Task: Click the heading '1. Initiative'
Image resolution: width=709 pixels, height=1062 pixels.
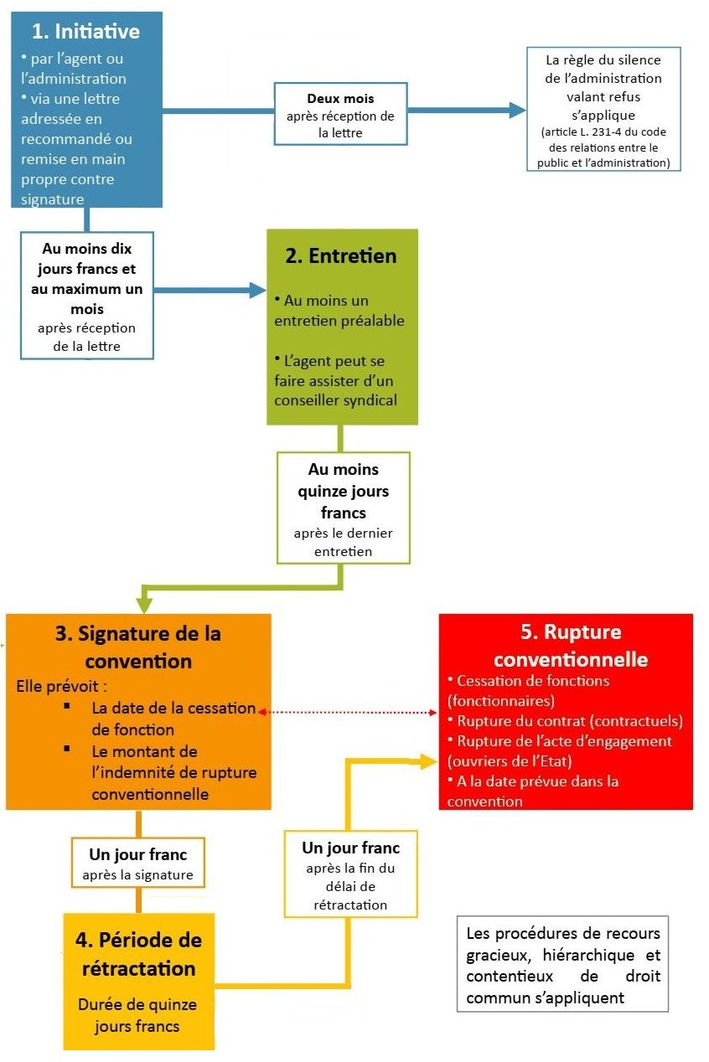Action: pyautogui.click(x=85, y=32)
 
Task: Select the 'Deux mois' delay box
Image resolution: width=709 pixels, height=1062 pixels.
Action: pyautogui.click(x=340, y=113)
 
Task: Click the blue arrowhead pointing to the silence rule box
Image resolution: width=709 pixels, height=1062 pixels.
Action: pyautogui.click(x=516, y=110)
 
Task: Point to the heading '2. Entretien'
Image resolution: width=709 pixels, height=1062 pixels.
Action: pyautogui.click(x=340, y=255)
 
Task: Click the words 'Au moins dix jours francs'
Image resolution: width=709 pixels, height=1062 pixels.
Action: pyautogui.click(x=87, y=259)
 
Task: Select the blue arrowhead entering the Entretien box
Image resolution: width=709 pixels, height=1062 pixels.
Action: pyautogui.click(x=256, y=290)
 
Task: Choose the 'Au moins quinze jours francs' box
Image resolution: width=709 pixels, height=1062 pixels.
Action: pyautogui.click(x=343, y=508)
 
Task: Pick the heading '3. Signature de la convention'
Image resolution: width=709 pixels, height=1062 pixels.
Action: pyautogui.click(x=138, y=647)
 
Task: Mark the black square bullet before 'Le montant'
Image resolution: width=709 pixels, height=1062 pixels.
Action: pyautogui.click(x=67, y=748)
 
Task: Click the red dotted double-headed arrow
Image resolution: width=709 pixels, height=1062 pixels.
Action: pyautogui.click(x=349, y=712)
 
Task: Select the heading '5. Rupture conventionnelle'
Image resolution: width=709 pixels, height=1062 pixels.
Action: pyautogui.click(x=566, y=645)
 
